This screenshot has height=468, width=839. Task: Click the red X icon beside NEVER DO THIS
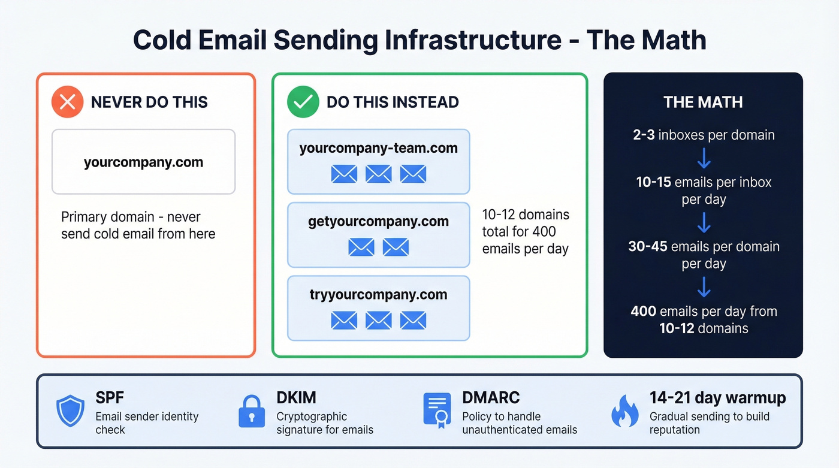pos(67,102)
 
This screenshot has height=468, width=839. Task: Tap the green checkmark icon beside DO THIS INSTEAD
pos(303,102)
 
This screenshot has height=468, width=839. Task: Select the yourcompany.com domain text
pos(143,162)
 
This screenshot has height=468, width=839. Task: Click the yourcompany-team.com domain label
pos(378,148)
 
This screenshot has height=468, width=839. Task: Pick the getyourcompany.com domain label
pos(378,221)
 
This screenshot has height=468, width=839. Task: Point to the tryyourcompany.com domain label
pos(378,294)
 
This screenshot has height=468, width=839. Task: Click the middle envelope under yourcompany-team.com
pos(378,174)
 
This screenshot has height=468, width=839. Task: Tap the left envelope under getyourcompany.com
pos(361,247)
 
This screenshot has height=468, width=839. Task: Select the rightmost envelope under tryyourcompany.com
pos(413,320)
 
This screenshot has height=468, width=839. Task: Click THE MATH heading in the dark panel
pos(703,102)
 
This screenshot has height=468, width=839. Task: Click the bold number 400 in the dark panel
pos(643,311)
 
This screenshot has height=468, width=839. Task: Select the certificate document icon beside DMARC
pos(437,410)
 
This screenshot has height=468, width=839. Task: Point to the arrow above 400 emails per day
pos(704,288)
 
